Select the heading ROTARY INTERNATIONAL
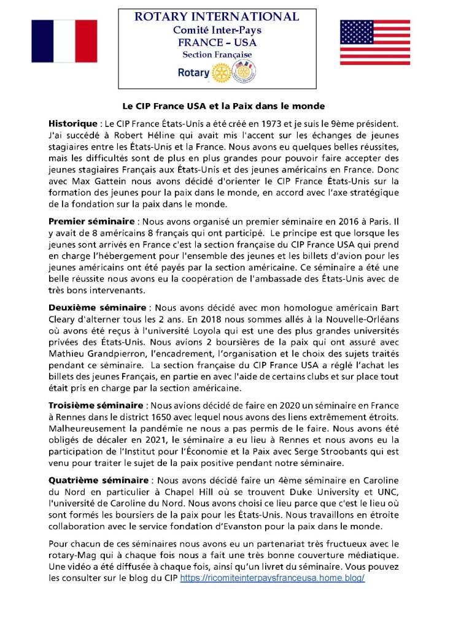click(x=217, y=17)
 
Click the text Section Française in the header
click(x=217, y=55)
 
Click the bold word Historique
click(x=72, y=124)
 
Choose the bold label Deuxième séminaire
click(x=96, y=307)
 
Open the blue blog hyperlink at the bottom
click(x=273, y=578)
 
